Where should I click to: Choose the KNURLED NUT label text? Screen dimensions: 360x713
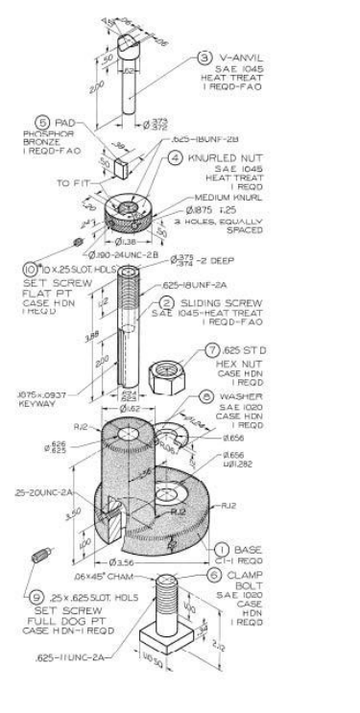coord(242,153)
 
